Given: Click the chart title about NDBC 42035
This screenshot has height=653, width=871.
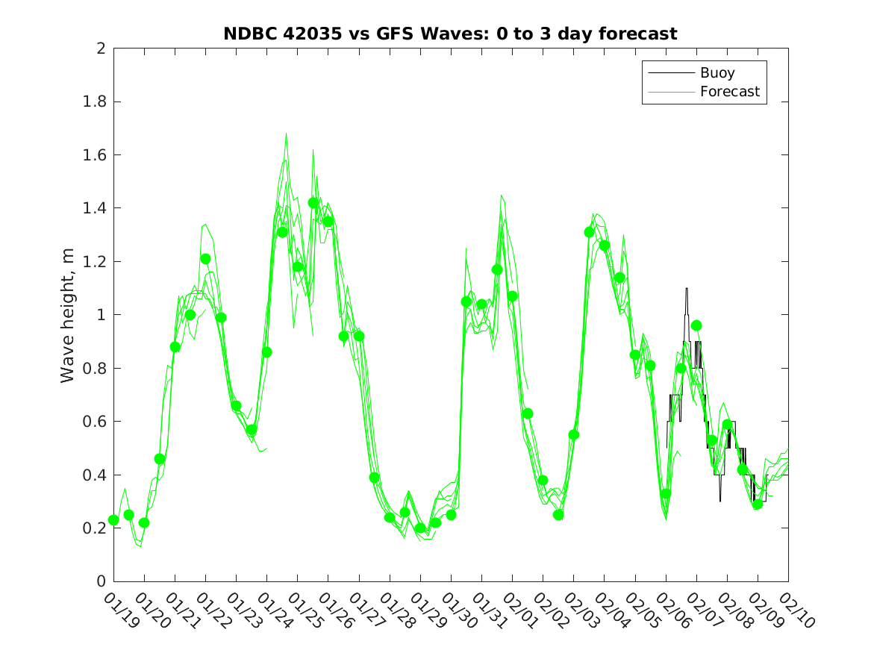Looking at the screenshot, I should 450,34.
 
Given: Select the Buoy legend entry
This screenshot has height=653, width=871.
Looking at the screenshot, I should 717,73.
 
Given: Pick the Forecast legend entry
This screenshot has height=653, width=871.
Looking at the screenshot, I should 729,92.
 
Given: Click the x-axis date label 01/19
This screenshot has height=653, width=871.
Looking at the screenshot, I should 119,611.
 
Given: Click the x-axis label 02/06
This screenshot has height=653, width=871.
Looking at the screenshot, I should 672,611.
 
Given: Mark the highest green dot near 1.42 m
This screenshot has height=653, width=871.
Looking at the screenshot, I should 313,203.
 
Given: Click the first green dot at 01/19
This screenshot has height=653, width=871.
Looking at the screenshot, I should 113,520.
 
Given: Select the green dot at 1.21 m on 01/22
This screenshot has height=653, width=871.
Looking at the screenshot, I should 205,259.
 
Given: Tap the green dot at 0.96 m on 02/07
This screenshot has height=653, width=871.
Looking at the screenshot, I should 696,325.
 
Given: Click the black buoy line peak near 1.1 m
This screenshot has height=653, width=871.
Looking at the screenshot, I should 687,289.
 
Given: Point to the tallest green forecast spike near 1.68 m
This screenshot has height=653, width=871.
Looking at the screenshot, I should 286,134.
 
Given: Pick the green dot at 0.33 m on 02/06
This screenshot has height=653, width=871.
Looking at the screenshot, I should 666,493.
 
